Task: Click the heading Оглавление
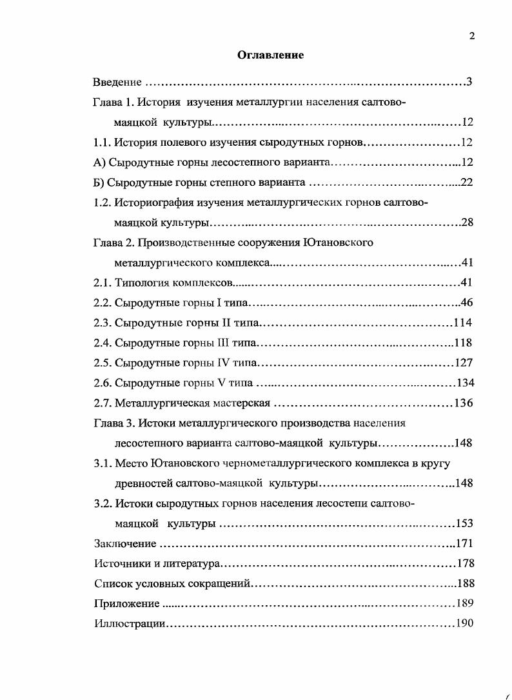(x=270, y=55)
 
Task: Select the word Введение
(x=117, y=83)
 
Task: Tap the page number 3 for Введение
(x=470, y=82)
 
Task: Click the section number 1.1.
(x=102, y=142)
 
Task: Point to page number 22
(x=467, y=183)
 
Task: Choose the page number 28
(x=468, y=223)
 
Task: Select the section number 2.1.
(x=102, y=283)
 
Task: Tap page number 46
(x=467, y=303)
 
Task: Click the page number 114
(x=463, y=323)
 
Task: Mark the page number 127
(x=464, y=363)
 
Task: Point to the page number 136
(x=463, y=403)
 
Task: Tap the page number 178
(x=465, y=564)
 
